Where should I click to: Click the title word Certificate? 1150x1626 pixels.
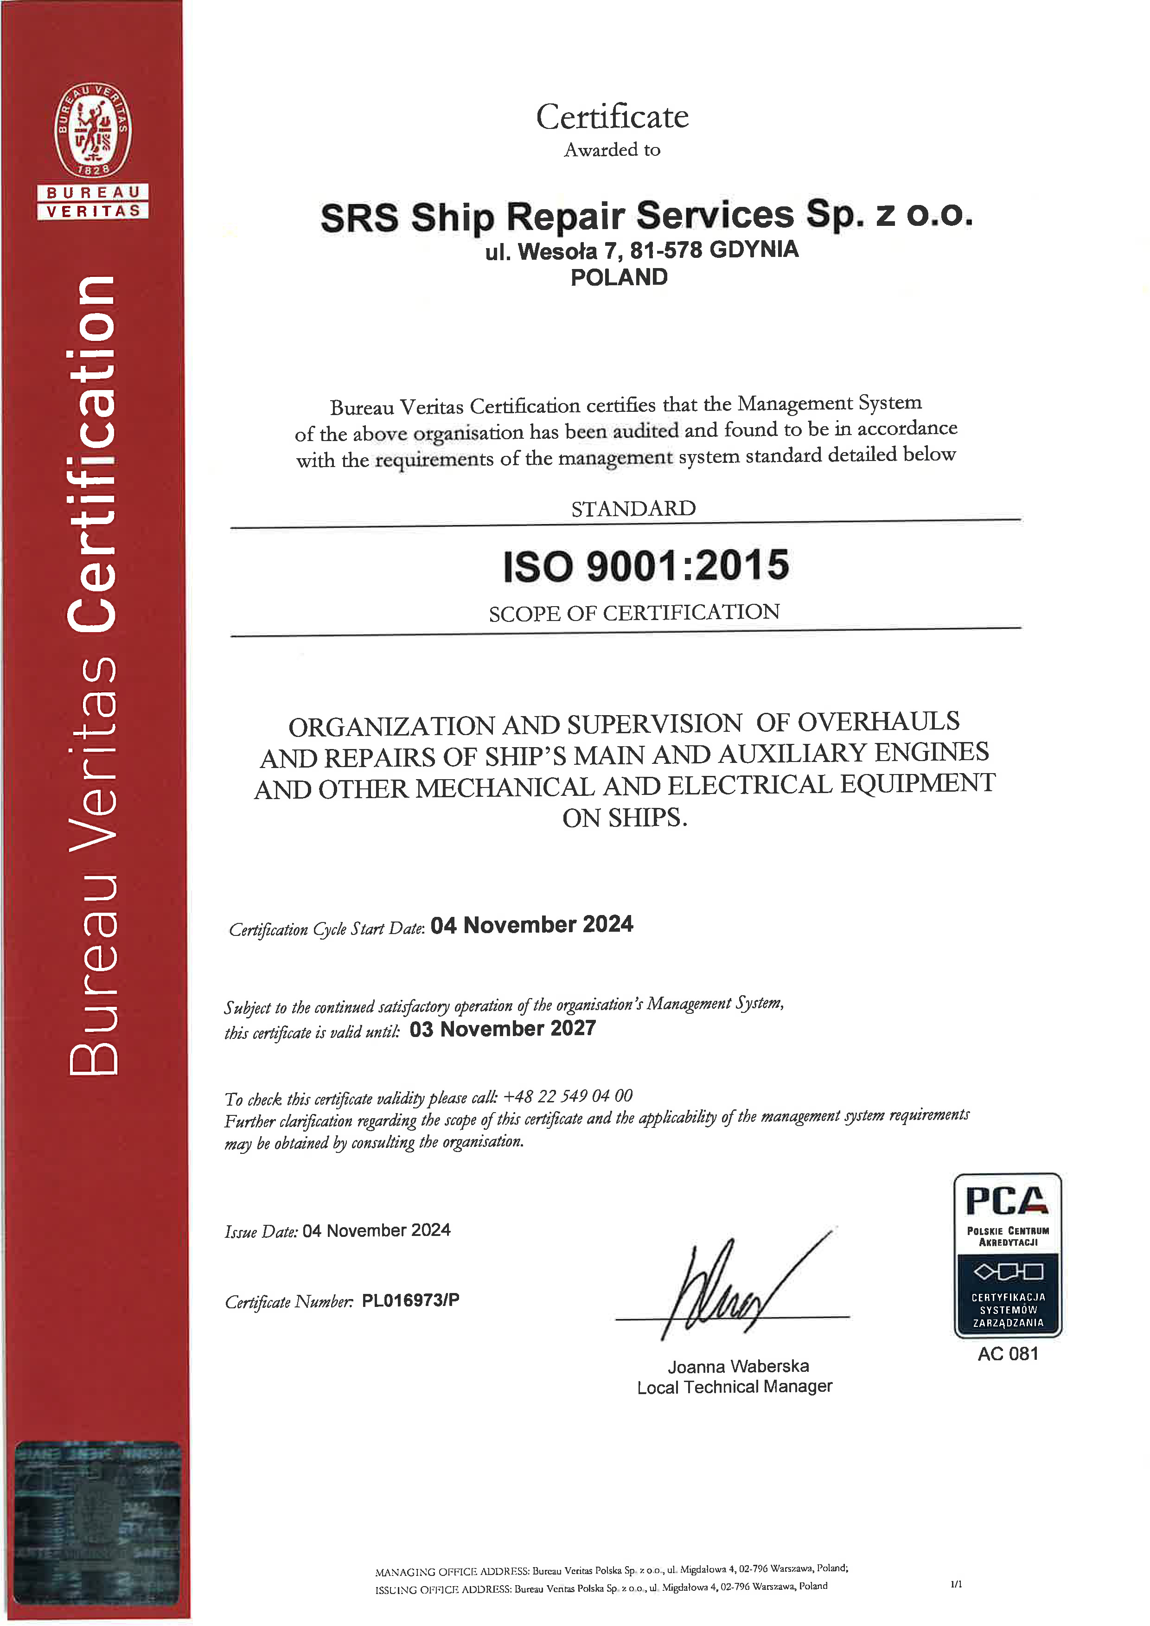click(x=612, y=117)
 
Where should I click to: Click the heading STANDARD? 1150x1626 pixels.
click(x=633, y=508)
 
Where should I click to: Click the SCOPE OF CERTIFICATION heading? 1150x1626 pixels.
click(x=634, y=613)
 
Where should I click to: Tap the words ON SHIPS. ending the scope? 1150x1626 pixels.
click(x=625, y=818)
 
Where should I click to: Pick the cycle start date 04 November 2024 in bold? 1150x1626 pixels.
click(x=532, y=925)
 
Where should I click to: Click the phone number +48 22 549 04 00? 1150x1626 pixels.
click(x=567, y=1096)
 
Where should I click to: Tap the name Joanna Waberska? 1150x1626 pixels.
click(x=738, y=1366)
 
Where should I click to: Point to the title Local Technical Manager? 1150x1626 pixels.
click(x=735, y=1387)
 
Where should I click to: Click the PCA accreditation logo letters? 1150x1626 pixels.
click(x=1007, y=1202)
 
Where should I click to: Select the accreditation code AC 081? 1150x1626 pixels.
click(x=1008, y=1354)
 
